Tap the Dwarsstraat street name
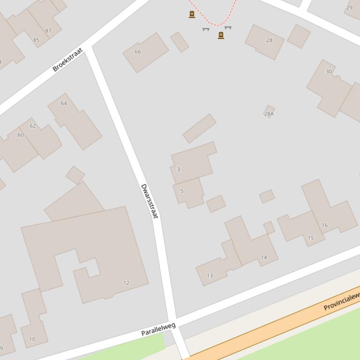[149, 201]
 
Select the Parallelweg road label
[158, 329]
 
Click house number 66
[138, 52]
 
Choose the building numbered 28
[269, 40]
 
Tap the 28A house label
[269, 114]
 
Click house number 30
[329, 72]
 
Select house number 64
[64, 103]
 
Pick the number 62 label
[33, 126]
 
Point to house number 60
[21, 135]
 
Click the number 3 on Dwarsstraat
[178, 169]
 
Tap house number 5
[182, 191]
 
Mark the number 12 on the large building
[126, 283]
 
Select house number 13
[210, 276]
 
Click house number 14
[264, 257]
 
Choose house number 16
[324, 225]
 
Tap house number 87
[48, 31]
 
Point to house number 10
[32, 339]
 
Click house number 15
[311, 238]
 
